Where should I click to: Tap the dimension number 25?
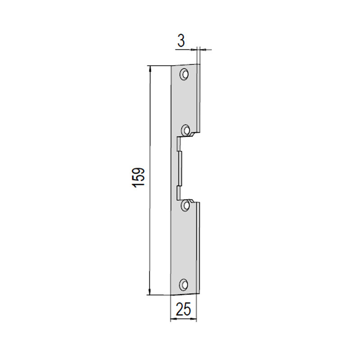pyautogui.click(x=183, y=309)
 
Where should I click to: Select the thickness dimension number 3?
pyautogui.click(x=181, y=41)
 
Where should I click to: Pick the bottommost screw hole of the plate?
pyautogui.click(x=184, y=285)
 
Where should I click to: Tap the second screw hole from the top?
pyautogui.click(x=185, y=130)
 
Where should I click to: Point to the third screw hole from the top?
pyautogui.click(x=185, y=205)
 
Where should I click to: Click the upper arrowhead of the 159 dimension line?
pyautogui.click(x=150, y=69)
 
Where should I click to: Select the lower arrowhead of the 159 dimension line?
pyautogui.click(x=149, y=292)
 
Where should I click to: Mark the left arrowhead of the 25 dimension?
pyautogui.click(x=173, y=319)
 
